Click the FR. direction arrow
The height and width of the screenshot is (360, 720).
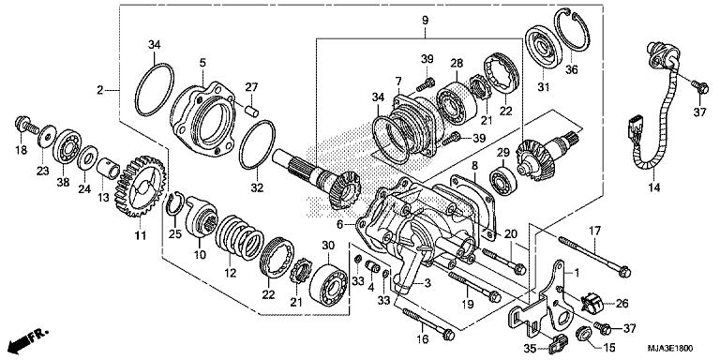click(29, 336)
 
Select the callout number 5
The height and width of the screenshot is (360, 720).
click(202, 63)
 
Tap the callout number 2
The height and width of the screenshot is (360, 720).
click(99, 91)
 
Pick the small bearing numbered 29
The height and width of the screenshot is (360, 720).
click(499, 176)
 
